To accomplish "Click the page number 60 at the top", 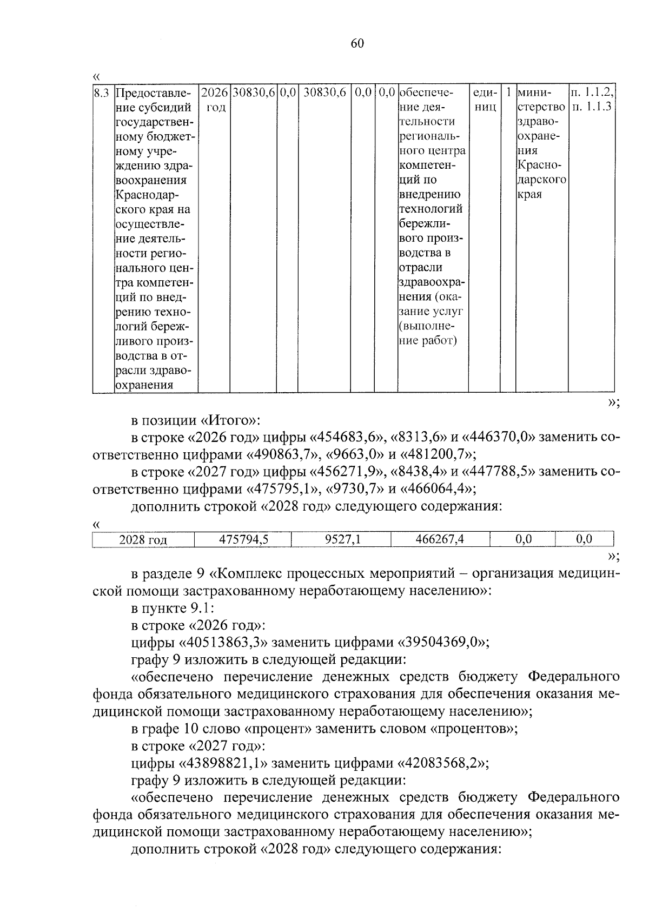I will point(357,44).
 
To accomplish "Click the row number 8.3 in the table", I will point(102,93).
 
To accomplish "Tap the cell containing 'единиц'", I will point(484,100).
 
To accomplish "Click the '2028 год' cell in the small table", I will point(143,540).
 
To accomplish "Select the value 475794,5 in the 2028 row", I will point(243,539).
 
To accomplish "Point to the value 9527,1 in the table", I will point(342,539).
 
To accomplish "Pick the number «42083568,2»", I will point(443,763).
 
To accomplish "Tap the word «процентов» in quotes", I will point(472,729).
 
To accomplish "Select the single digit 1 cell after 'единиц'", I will point(508,93).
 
